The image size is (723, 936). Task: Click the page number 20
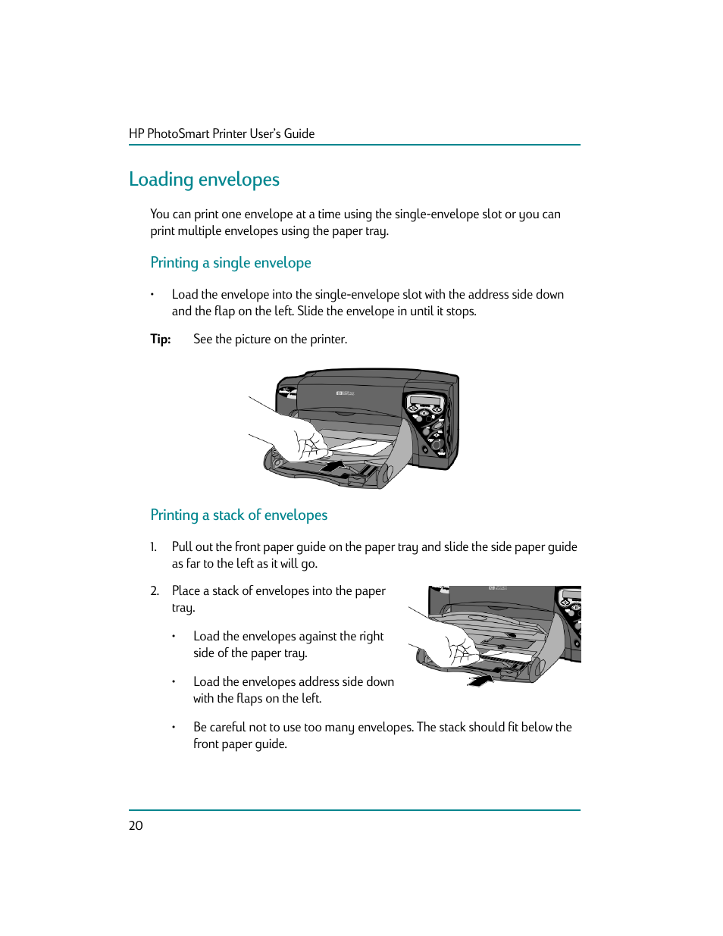[136, 825]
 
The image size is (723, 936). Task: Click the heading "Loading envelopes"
[204, 180]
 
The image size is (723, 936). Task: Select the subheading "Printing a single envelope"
[230, 263]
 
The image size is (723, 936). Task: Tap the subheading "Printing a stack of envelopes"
[239, 515]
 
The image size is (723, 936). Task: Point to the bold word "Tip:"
[160, 339]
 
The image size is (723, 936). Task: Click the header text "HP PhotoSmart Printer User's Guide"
[221, 133]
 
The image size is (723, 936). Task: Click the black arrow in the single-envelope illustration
[333, 465]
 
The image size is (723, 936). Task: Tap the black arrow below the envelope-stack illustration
[480, 680]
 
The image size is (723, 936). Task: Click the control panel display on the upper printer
[424, 401]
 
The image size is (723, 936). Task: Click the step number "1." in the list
[153, 546]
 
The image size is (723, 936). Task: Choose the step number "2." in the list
[154, 590]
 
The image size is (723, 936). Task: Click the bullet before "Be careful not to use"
[174, 727]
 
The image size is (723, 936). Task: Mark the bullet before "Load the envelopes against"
[174, 636]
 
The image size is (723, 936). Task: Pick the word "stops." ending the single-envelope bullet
[461, 311]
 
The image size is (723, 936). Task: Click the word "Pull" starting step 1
[182, 546]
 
